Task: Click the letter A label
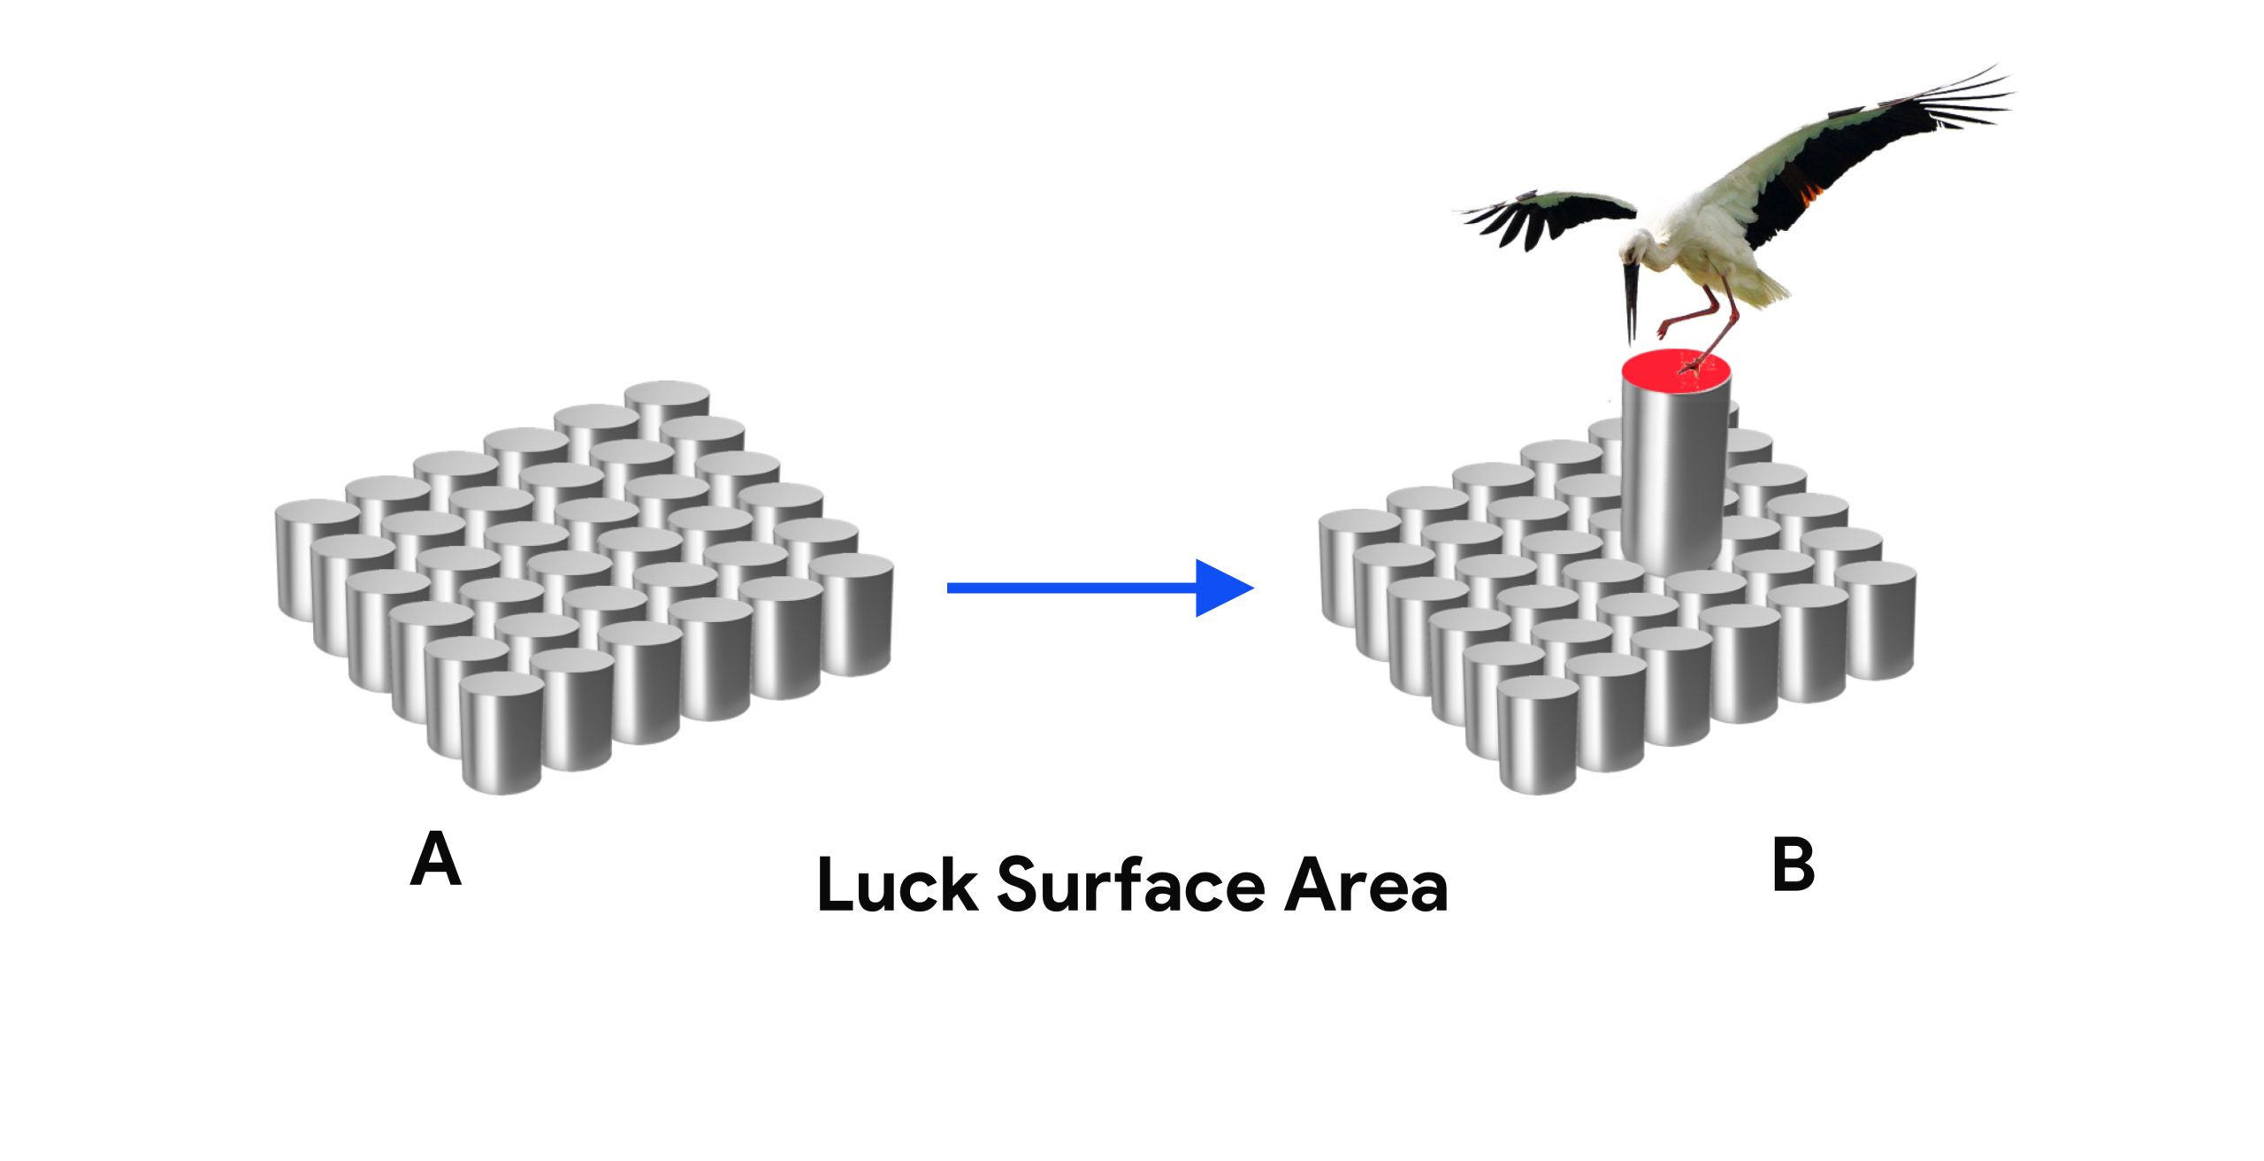[x=435, y=859]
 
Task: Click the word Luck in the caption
[x=897, y=884]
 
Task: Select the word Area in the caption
[x=1365, y=886]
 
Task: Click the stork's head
[x=1639, y=247]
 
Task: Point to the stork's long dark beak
[x=1630, y=301]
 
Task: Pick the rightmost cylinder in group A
[x=853, y=615]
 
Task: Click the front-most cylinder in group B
[x=1539, y=739]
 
